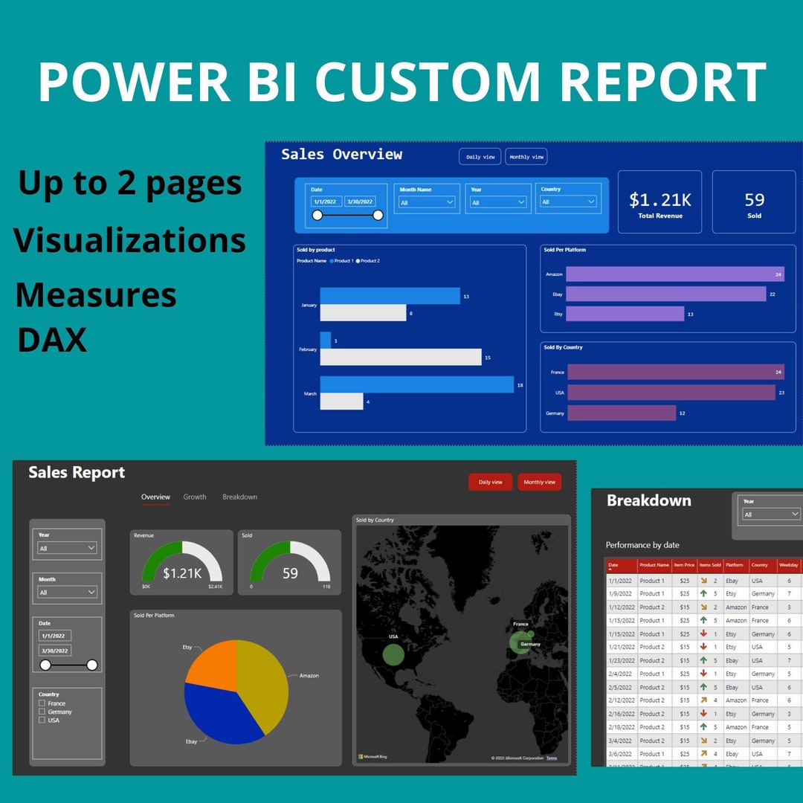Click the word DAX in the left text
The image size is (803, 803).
coord(52,340)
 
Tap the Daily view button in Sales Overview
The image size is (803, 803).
coord(480,157)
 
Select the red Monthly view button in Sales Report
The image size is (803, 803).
coord(539,482)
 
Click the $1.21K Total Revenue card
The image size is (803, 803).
coord(660,203)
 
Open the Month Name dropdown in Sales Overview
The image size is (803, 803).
coord(427,202)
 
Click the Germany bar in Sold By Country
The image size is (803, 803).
coord(621,413)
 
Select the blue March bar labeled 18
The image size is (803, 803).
coord(416,384)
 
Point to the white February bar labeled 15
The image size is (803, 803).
coord(400,357)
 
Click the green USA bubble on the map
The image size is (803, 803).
coord(393,654)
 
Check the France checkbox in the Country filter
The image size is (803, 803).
coord(42,703)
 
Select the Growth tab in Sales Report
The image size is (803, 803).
coord(195,497)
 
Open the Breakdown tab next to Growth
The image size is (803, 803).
coord(239,497)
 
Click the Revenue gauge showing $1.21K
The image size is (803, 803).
coord(181,564)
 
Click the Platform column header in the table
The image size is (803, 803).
coord(735,565)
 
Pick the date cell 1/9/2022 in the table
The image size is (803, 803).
coord(620,593)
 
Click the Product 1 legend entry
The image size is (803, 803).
coord(343,261)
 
